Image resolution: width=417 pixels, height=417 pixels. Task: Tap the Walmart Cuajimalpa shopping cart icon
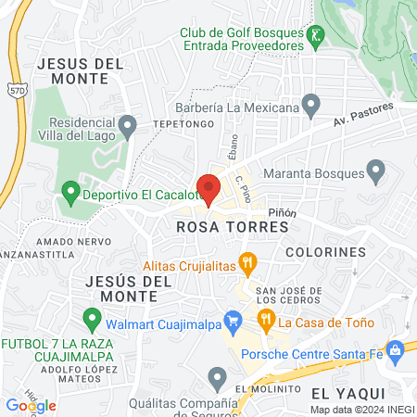click(234, 321)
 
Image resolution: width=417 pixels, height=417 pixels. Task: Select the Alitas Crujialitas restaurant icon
click(247, 263)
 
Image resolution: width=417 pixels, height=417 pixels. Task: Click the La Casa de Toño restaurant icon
click(266, 321)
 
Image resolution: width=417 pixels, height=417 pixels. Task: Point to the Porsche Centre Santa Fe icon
click(396, 349)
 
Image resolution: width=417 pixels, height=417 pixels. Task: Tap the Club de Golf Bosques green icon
click(318, 35)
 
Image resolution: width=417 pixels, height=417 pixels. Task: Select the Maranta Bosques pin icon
click(375, 171)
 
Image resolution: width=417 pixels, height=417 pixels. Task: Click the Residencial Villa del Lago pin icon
click(128, 123)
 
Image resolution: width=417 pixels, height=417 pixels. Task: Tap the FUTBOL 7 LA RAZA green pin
click(91, 321)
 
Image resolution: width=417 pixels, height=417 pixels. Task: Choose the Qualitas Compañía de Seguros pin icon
click(217, 376)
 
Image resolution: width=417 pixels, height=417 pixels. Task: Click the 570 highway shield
click(15, 91)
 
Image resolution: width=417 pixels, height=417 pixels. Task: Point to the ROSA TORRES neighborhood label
click(219, 226)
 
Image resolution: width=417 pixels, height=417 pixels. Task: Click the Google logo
click(31, 405)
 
